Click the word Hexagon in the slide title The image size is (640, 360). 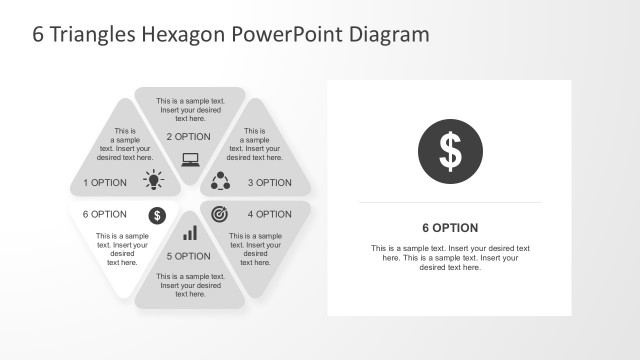[x=185, y=35]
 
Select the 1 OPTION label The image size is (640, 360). [x=105, y=183]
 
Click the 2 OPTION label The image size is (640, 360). [x=189, y=136]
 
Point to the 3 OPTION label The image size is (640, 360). [x=269, y=183]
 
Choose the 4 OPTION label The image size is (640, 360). [x=269, y=214]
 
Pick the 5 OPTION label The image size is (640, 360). [x=189, y=256]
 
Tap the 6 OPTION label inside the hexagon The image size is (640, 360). [x=105, y=214]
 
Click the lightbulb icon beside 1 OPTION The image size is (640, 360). [x=153, y=180]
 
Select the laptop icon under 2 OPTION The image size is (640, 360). [x=189, y=158]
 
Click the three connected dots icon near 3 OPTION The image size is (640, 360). [x=221, y=181]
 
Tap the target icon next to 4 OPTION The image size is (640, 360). [x=220, y=214]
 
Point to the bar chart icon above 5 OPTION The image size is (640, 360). [x=189, y=233]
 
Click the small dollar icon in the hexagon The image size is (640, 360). [x=157, y=215]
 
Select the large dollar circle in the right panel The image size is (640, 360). [x=451, y=151]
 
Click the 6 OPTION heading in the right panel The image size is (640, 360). [x=450, y=228]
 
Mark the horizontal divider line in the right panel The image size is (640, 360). [x=450, y=203]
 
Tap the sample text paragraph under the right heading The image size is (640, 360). [x=450, y=257]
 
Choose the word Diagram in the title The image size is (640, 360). [x=389, y=35]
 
